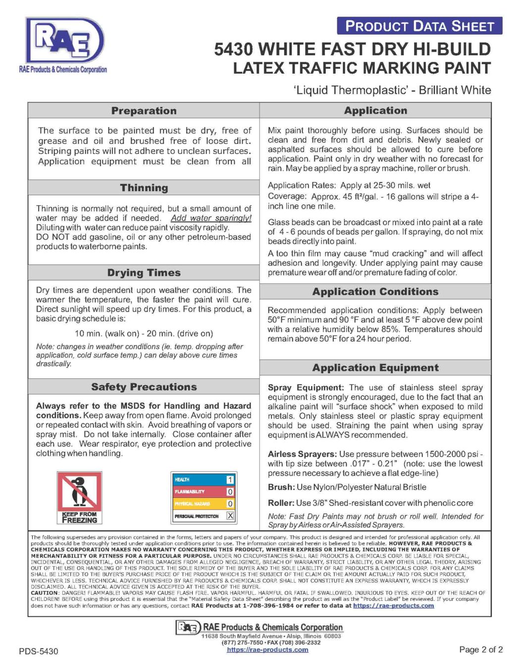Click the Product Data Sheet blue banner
pos(419,26)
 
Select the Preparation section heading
pos(144,111)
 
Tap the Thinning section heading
pos(144,188)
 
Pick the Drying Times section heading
pos(144,272)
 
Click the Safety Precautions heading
pos(144,387)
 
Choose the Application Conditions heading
pos(375,292)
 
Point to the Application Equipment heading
pos(375,368)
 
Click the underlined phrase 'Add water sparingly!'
pos(211,218)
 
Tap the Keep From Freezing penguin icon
pos(79,497)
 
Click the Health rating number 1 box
pos(230,480)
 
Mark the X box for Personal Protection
pos(230,516)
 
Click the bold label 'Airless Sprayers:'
pos(302,454)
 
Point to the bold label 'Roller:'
pos(281,503)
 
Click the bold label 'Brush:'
pos(281,487)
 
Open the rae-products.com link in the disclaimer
pos(393,605)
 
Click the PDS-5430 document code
pos(39,651)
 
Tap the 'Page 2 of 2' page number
pos(480,649)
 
